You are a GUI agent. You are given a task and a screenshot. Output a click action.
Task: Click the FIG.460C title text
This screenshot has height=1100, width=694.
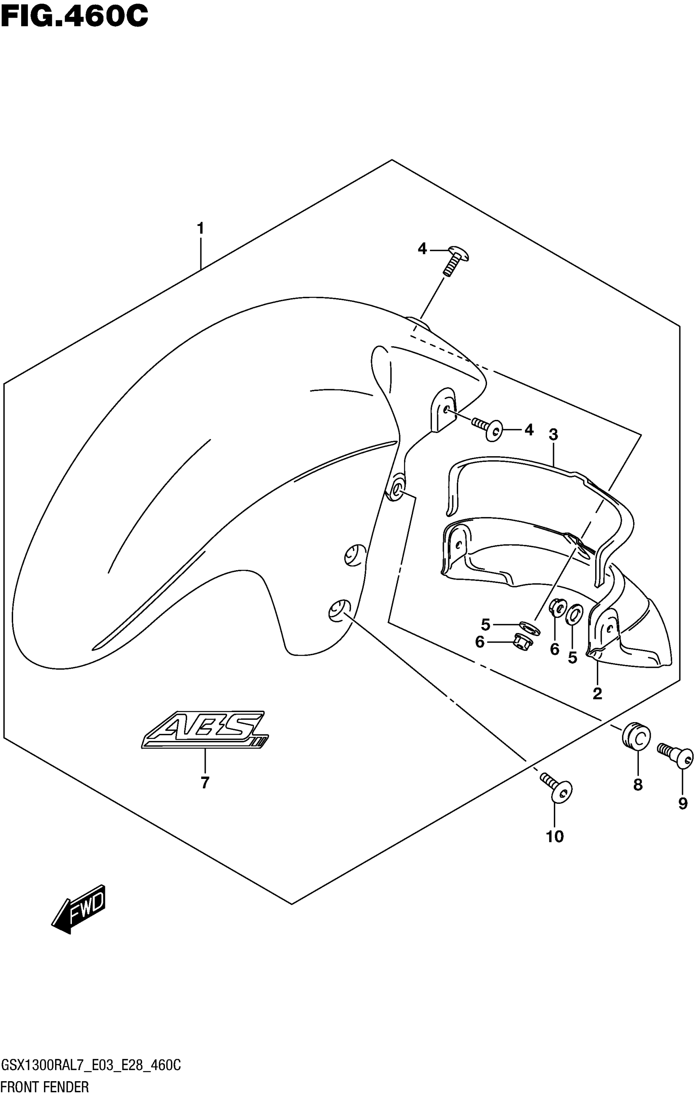click(74, 16)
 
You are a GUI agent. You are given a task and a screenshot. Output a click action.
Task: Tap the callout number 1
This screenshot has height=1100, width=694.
click(200, 228)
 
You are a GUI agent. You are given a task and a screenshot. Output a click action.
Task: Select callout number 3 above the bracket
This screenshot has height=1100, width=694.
click(554, 435)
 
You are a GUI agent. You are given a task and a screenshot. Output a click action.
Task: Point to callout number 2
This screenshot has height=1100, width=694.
click(597, 694)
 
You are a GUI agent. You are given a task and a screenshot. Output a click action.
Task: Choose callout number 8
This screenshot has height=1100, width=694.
click(638, 785)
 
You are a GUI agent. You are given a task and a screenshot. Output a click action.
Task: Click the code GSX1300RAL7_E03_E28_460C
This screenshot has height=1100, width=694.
click(91, 1067)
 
